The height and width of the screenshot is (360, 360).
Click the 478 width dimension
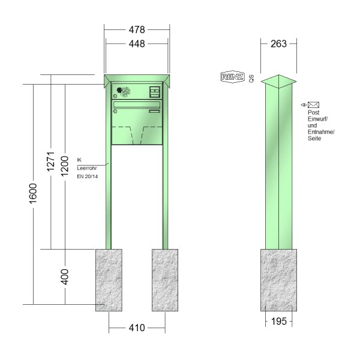click(x=137, y=29)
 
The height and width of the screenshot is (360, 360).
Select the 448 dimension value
click(x=137, y=44)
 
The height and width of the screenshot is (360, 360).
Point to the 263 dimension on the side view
click(x=278, y=44)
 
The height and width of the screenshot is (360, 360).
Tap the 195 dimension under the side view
click(x=279, y=321)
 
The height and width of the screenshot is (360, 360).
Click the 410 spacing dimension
click(x=137, y=328)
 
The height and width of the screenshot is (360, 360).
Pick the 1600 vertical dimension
click(x=33, y=194)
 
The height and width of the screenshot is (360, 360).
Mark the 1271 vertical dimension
click(x=51, y=161)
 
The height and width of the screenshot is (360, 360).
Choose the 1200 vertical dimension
click(x=65, y=166)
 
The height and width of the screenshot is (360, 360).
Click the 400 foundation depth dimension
click(x=65, y=277)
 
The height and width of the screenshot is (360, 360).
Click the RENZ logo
click(x=232, y=77)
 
